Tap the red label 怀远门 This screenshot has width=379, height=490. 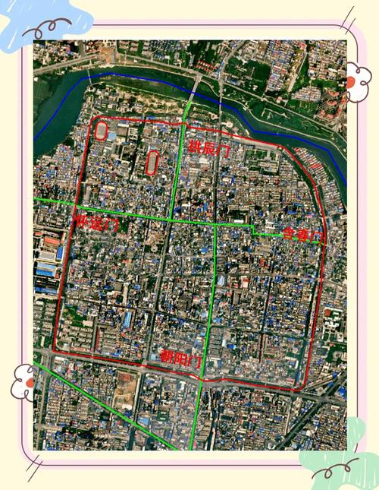[97, 223]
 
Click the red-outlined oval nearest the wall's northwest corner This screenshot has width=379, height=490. [102, 131]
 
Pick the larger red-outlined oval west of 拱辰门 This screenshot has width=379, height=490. [152, 163]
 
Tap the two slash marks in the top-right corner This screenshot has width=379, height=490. [346, 17]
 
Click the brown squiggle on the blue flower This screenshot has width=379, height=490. [38, 31]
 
